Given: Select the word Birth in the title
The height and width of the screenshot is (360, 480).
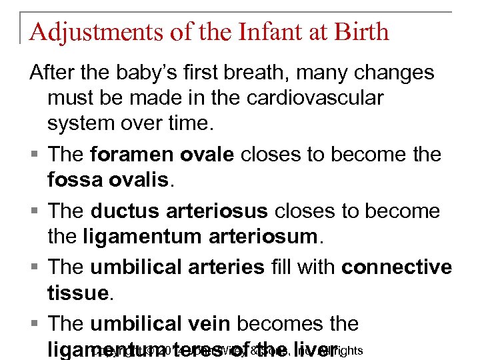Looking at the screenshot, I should [360, 31].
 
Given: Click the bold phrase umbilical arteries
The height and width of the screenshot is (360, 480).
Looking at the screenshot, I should [177, 267].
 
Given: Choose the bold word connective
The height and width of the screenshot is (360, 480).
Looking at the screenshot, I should [397, 267].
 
